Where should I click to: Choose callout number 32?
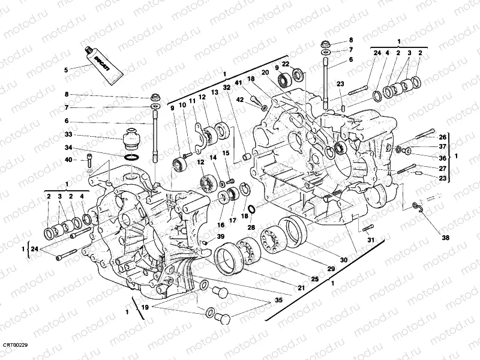coord(226,87)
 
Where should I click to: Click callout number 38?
coord(445,237)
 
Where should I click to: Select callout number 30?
coord(344,260)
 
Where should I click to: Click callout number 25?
coord(314,280)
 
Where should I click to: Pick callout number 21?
coord(301,288)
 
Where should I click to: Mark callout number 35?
coord(278,299)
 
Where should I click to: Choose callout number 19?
coord(143,307)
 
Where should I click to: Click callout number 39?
coord(221,237)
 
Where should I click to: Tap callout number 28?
coord(251,228)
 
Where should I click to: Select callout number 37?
coord(442,146)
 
